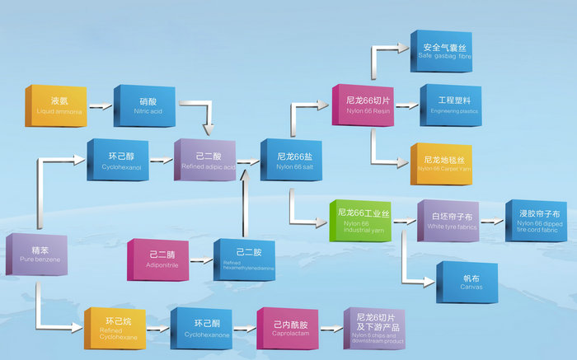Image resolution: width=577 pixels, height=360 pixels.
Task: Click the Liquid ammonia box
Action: [55, 105]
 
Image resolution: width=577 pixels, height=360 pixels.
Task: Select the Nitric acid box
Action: [143, 105]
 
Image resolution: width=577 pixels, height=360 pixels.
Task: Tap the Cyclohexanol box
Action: [118, 160]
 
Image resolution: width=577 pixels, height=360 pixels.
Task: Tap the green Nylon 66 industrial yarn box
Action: [359, 220]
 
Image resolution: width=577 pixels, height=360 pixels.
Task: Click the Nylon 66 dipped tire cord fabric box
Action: [536, 220]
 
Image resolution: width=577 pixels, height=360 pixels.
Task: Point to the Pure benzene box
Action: [35, 255]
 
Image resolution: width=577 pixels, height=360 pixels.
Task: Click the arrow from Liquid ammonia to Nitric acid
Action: [101, 106]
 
